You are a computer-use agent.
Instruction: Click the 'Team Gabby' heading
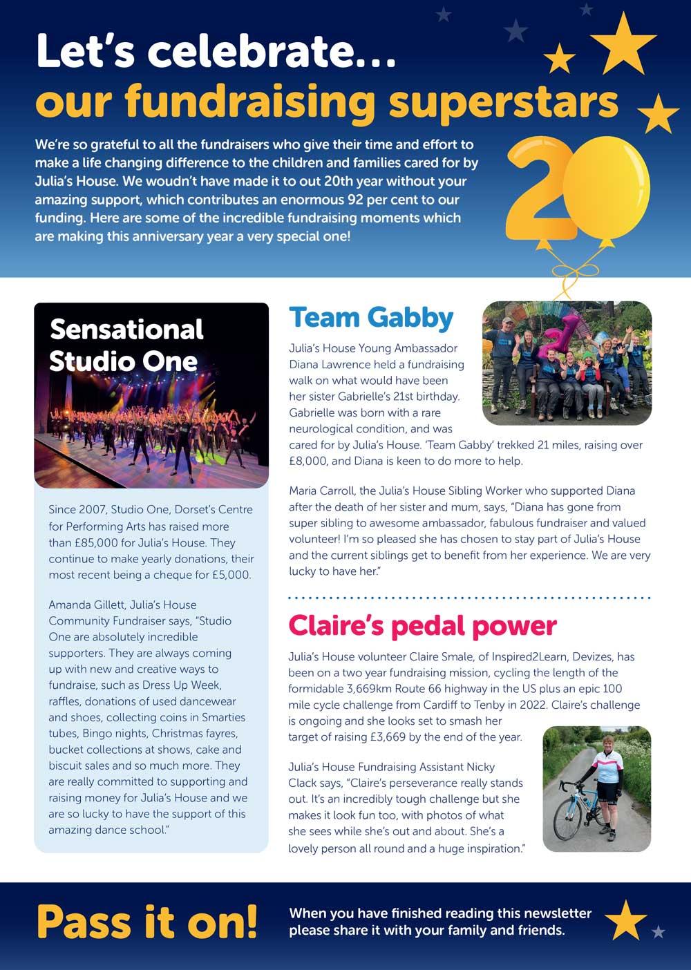(x=371, y=318)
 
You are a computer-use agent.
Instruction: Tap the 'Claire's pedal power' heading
(x=422, y=626)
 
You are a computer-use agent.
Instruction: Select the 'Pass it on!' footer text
(x=146, y=920)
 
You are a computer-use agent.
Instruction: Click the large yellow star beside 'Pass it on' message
(x=625, y=920)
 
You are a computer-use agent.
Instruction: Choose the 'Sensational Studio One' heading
(x=126, y=345)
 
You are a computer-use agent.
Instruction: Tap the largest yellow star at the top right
(x=623, y=43)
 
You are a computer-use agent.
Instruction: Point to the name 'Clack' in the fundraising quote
(x=305, y=783)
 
